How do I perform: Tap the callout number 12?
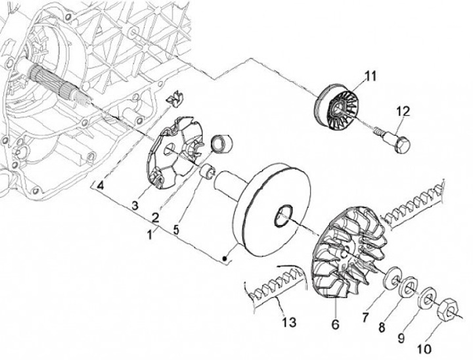(x=403, y=112)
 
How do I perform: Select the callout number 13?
(x=289, y=323)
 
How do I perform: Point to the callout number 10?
(x=424, y=349)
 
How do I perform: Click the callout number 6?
(x=335, y=325)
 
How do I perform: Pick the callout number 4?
(x=101, y=185)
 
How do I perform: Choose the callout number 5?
(x=177, y=230)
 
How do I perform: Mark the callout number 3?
(x=135, y=206)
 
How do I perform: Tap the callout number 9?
(x=401, y=338)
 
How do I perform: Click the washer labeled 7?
(x=392, y=278)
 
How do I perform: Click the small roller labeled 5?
(x=208, y=171)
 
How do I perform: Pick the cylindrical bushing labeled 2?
(x=222, y=144)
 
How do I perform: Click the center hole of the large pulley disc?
(x=284, y=215)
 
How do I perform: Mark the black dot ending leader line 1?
(x=224, y=259)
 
